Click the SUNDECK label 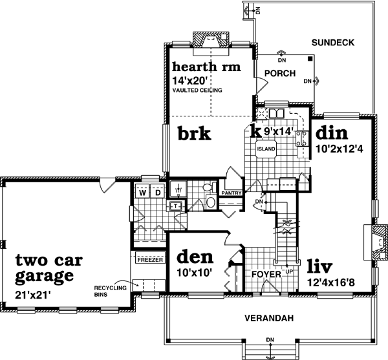tap(334, 43)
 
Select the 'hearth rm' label tap(206, 67)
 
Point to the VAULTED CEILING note tap(197, 91)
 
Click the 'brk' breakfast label tap(195, 134)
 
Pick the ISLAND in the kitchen tap(266, 149)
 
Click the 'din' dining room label tap(332, 134)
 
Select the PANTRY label tap(231, 193)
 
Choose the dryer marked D tap(156, 193)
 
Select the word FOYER tap(266, 275)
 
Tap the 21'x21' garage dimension tap(32, 295)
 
